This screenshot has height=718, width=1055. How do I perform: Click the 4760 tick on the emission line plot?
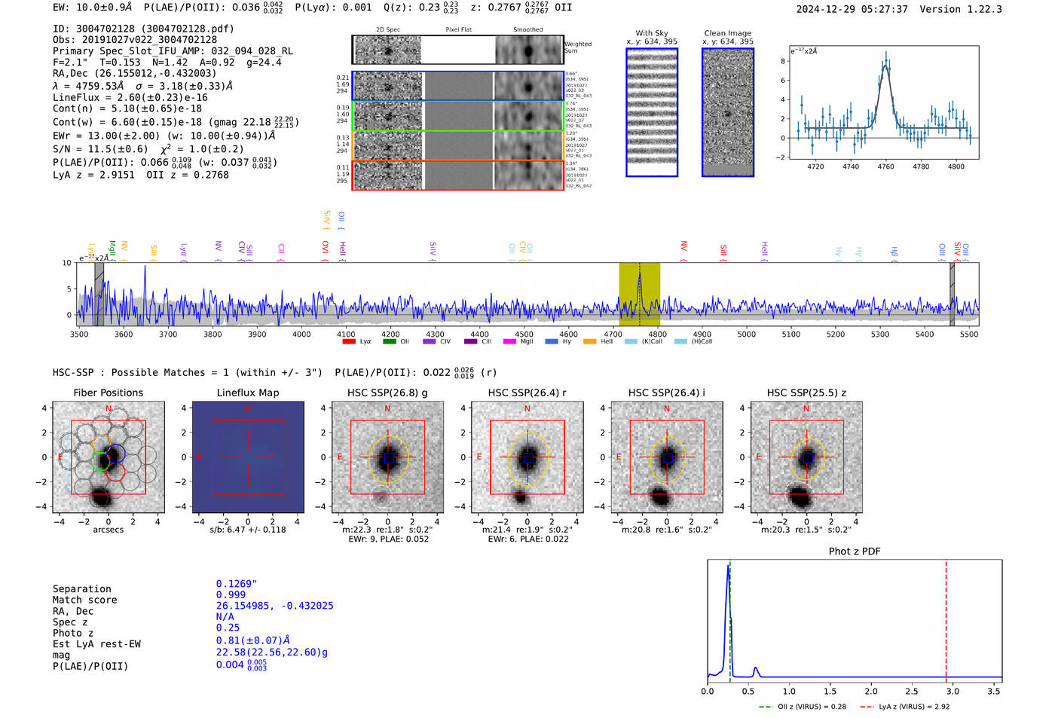pyautogui.click(x=885, y=167)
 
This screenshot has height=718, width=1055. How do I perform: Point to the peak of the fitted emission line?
pyautogui.click(x=885, y=65)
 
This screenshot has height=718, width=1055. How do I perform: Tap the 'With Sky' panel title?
pyautogui.click(x=651, y=33)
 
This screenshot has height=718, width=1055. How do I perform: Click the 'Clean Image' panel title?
pyautogui.click(x=727, y=33)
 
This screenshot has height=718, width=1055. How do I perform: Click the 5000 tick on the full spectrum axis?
pyautogui.click(x=746, y=334)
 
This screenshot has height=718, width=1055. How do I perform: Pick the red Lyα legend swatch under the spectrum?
pyautogui.click(x=349, y=341)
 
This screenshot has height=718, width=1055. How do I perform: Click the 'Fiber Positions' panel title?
pyautogui.click(x=108, y=393)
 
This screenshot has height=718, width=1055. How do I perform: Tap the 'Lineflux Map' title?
pyautogui.click(x=247, y=393)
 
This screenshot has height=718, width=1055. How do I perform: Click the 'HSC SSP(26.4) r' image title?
pyautogui.click(x=527, y=393)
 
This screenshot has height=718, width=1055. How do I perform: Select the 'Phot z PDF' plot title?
pyautogui.click(x=854, y=551)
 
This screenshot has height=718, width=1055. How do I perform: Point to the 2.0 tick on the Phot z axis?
pyautogui.click(x=870, y=690)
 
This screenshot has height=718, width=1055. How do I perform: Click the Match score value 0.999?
pyautogui.click(x=231, y=594)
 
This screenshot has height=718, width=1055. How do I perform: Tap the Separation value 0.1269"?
pyautogui.click(x=236, y=584)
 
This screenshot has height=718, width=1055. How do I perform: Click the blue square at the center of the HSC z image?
pyautogui.click(x=807, y=457)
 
